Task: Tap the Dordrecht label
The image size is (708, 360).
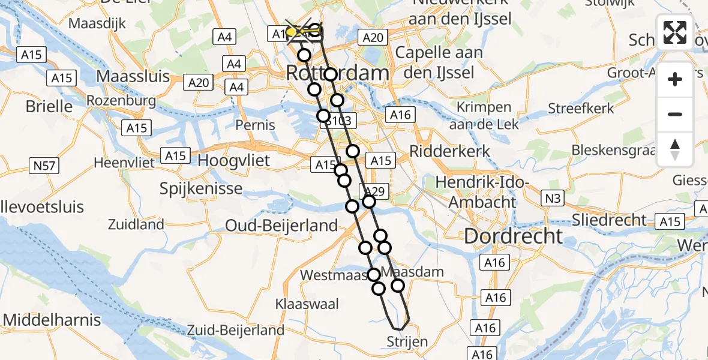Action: (514, 236)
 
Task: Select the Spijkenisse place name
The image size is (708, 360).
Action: (201, 188)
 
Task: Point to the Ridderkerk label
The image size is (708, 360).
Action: (450, 151)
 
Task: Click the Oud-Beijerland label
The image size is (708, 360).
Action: (281, 226)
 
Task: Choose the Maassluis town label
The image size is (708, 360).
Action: (133, 77)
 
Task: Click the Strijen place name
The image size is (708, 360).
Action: (407, 342)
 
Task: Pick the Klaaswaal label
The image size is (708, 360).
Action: (307, 304)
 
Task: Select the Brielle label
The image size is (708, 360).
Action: (49, 107)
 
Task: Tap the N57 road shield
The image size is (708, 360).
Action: (44, 166)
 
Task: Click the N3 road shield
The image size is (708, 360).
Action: (552, 197)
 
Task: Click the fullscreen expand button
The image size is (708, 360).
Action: (675, 32)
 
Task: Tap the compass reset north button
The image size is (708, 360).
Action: (675, 149)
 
